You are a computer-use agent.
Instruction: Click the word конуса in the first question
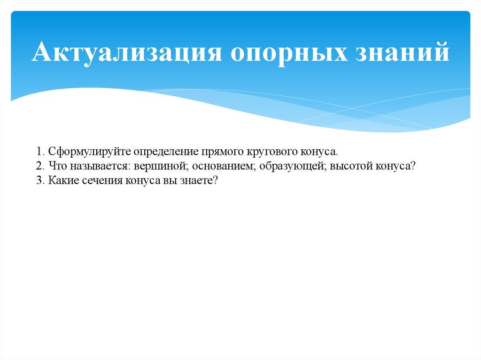[x=320, y=152]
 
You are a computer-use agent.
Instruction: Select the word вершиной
[x=155, y=166]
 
